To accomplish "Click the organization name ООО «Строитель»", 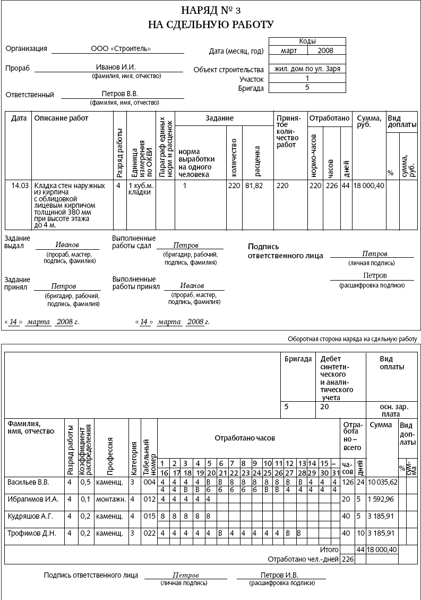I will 121,49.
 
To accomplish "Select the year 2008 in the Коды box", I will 326,50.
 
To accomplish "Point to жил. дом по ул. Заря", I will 307,69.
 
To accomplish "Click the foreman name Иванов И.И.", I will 116,67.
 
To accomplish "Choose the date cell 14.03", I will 19,185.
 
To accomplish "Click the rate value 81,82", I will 254,185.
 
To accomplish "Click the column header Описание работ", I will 61,118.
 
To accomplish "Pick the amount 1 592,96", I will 382,499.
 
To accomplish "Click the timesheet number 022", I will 149,533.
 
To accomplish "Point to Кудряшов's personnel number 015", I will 149,516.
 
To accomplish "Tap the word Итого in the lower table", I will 330,550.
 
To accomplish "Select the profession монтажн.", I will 110,499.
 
